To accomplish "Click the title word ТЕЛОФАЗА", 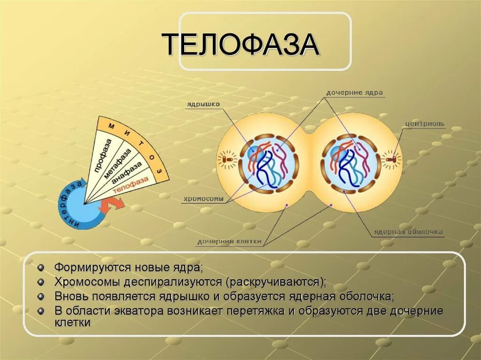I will pyautogui.click(x=241, y=45).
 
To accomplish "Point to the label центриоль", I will pyautogui.click(x=425, y=124).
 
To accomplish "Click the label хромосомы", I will pyautogui.click(x=203, y=199).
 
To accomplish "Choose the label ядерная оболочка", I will pyautogui.click(x=408, y=232).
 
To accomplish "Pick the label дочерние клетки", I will pyautogui.click(x=229, y=242).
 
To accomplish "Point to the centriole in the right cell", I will pyautogui.click(x=392, y=160).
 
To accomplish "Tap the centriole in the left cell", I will pyautogui.click(x=228, y=160).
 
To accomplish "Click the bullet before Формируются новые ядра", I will pyautogui.click(x=41, y=268).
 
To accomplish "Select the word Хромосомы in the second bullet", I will pyautogui.click(x=87, y=282).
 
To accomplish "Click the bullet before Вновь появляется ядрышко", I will pyautogui.click(x=41, y=297).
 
